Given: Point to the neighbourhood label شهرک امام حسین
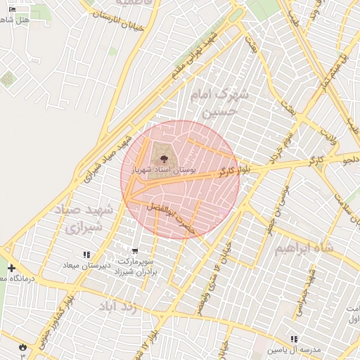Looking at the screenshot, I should coord(221,103).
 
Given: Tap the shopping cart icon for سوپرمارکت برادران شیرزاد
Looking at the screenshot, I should coord(135,251).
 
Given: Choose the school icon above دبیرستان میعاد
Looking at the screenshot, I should coord(86,255).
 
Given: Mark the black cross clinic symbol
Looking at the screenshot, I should coord(11,268).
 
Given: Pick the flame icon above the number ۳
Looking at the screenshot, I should coord(22,346).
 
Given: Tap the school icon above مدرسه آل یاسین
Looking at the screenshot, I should coord(294,339).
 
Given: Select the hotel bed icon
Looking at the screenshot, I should coord(11,10).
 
